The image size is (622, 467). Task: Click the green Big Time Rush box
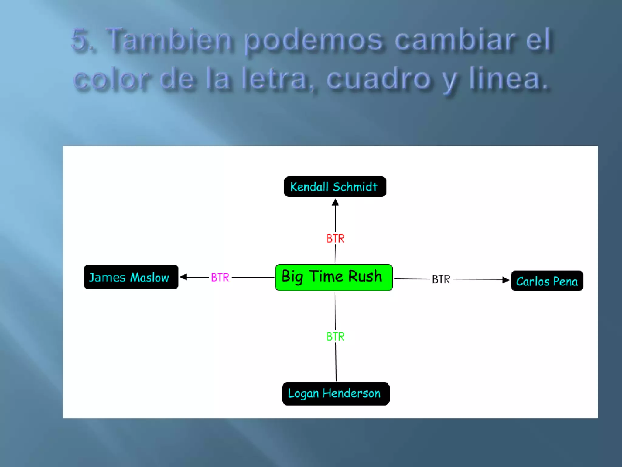pyautogui.click(x=334, y=277)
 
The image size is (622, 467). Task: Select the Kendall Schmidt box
pyautogui.click(x=335, y=187)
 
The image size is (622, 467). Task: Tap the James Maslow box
pyautogui.click(x=131, y=277)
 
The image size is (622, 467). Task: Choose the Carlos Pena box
pyautogui.click(x=547, y=281)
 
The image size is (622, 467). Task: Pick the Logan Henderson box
pyautogui.click(x=336, y=393)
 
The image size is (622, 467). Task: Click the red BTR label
pyautogui.click(x=335, y=239)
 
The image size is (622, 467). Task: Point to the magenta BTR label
pyautogui.click(x=220, y=277)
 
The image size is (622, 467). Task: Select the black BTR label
pyautogui.click(x=441, y=279)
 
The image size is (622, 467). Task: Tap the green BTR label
pyautogui.click(x=335, y=337)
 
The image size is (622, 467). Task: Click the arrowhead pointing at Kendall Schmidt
pyautogui.click(x=335, y=202)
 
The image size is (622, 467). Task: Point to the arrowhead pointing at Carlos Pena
pyautogui.click(x=506, y=280)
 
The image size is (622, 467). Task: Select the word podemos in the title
pyautogui.click(x=313, y=41)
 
